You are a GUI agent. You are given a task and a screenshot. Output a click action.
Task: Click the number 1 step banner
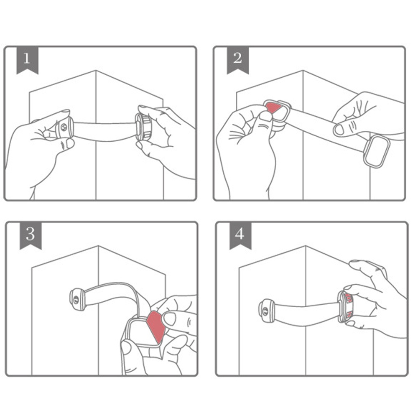[28, 60]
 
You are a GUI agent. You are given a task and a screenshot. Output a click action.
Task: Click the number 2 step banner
[237, 60]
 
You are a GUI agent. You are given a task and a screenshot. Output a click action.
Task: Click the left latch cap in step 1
[64, 127]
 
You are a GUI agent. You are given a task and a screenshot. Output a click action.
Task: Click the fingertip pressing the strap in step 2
[339, 130]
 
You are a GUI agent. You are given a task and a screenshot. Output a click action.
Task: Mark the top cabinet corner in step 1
[96, 71]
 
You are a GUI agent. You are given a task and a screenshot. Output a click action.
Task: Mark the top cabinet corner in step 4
[306, 246]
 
